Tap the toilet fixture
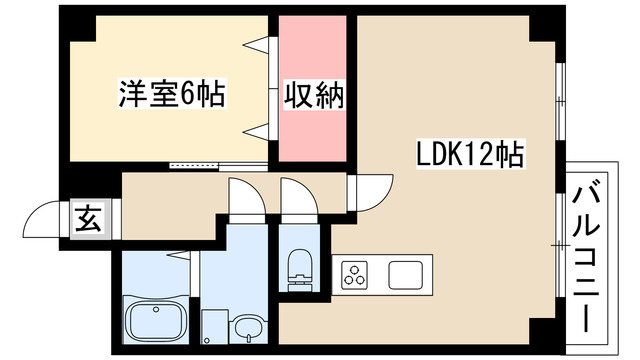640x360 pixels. click(299, 266)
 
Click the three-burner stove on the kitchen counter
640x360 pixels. click(355, 273)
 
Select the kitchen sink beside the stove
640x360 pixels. click(407, 273)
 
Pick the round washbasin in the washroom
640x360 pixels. click(247, 325)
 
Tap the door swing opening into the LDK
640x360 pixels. click(368, 193)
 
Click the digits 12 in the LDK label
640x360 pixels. click(477, 155)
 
